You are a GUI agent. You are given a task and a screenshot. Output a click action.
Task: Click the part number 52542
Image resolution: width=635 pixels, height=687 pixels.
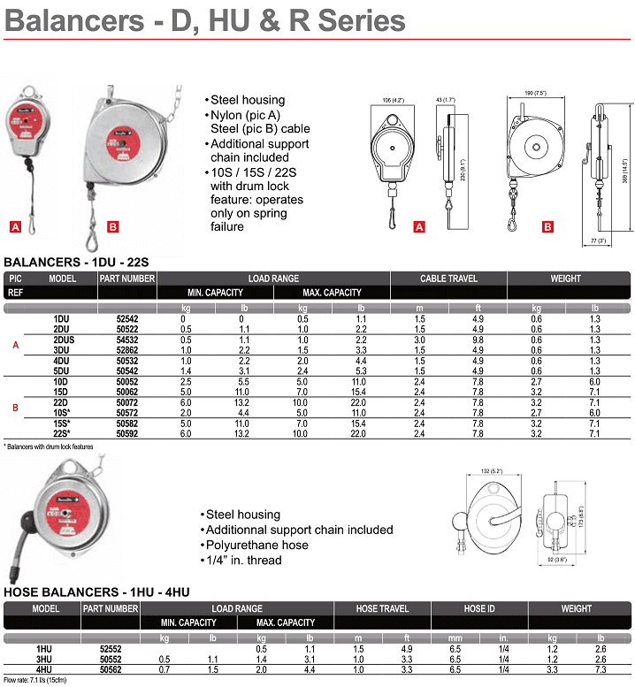pyautogui.click(x=127, y=318)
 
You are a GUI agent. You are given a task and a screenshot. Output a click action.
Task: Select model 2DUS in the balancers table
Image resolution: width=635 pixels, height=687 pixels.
pyautogui.click(x=64, y=339)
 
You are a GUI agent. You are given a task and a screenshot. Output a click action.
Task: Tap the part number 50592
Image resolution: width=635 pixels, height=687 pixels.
pyautogui.click(x=127, y=434)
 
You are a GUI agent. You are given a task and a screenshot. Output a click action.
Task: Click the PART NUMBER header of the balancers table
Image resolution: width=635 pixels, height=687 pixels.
pyautogui.click(x=127, y=278)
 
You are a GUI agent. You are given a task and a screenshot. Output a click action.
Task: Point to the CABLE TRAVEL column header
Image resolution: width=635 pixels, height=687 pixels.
pyautogui.click(x=448, y=278)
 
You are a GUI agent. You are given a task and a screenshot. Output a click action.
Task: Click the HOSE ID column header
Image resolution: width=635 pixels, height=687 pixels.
pyautogui.click(x=480, y=608)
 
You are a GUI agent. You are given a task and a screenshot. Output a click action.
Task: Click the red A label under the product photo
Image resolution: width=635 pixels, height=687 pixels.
pyautogui.click(x=15, y=226)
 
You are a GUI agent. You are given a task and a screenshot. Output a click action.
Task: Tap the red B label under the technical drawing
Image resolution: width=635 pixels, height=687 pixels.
pyautogui.click(x=547, y=227)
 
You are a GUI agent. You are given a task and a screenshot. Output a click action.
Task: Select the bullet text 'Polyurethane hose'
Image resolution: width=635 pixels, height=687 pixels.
pyautogui.click(x=257, y=545)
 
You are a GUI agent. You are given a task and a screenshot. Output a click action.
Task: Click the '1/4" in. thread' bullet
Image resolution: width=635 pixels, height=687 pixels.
pyautogui.click(x=243, y=561)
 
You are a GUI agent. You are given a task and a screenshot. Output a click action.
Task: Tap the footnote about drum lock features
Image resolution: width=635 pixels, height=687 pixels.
pyautogui.click(x=49, y=447)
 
